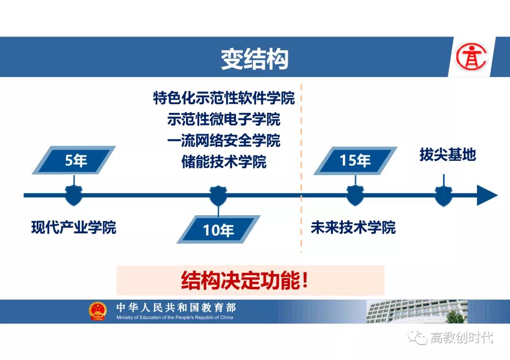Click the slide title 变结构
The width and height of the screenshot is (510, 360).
pos(255,59)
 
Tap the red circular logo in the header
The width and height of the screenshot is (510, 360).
pos(472,57)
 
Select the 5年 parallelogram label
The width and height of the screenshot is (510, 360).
pos(74,160)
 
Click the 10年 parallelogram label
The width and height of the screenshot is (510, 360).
pos(218,229)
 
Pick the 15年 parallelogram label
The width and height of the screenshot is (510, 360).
pos(355,160)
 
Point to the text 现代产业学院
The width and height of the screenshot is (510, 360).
pos(74,227)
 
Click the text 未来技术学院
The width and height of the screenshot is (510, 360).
pos(353,227)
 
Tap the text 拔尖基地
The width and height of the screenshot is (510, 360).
pos(448,155)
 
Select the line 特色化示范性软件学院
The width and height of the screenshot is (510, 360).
pos(224,98)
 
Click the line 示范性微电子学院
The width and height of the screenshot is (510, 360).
pos(224,119)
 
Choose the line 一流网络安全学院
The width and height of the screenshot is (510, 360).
pos(224,140)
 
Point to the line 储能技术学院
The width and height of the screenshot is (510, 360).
pos(224,161)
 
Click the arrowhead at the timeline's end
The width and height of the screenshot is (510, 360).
pos(487,195)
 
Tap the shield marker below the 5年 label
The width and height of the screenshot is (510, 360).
pos(74,196)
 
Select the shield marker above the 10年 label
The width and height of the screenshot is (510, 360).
pos(218,196)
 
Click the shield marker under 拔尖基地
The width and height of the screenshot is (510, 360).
pos(443,196)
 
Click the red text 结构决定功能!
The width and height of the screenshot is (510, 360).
pos(244,280)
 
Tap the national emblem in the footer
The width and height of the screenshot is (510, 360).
pos(98,311)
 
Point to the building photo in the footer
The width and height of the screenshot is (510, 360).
pos(417,311)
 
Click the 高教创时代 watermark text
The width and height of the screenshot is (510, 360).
pos(461,337)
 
